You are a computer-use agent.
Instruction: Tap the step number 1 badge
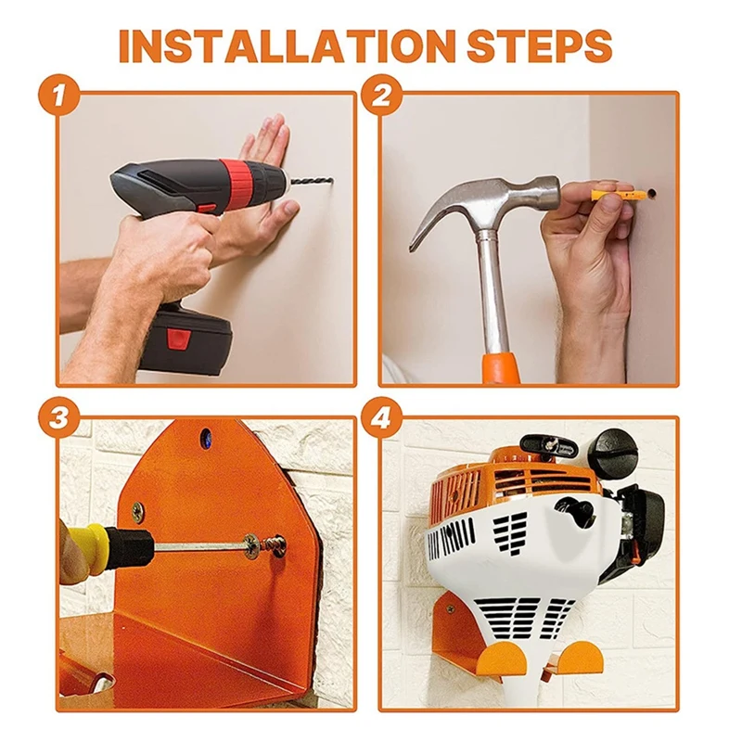tap(59, 96)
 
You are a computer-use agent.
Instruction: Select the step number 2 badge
tap(381, 96)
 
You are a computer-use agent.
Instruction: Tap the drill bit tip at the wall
tap(331, 180)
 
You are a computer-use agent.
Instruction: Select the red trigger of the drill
tap(207, 209)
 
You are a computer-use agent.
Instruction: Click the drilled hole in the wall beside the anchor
tap(652, 193)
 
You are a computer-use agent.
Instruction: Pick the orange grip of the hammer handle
tap(501, 367)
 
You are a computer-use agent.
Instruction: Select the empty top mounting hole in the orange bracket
tap(206, 435)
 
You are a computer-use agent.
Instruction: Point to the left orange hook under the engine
tap(502, 659)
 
